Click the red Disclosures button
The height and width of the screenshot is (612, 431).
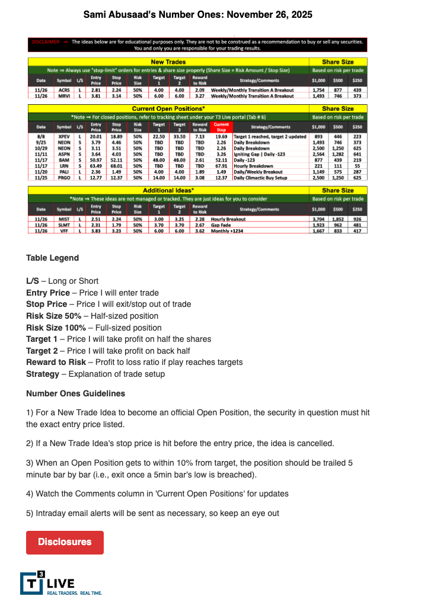click(x=65, y=542)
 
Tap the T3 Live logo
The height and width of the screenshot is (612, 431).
click(x=61, y=583)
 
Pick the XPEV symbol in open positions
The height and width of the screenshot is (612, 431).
click(x=63, y=136)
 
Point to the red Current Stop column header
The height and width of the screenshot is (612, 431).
click(x=221, y=127)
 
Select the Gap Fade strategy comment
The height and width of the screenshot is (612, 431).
click(x=247, y=225)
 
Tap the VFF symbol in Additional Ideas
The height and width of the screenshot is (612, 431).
click(x=63, y=230)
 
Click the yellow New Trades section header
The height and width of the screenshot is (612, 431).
click(x=168, y=62)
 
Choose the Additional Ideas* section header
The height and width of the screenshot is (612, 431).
click(x=168, y=190)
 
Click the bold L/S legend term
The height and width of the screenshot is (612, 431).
click(x=33, y=281)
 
